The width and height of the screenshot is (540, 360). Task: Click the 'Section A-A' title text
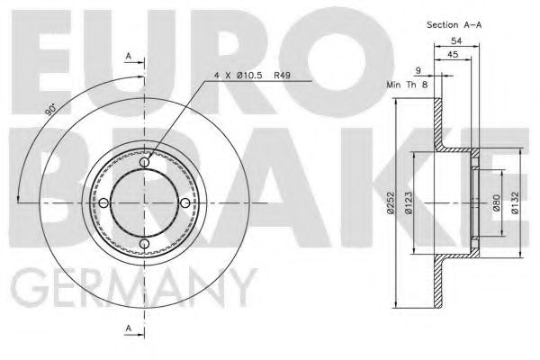tap(454, 24)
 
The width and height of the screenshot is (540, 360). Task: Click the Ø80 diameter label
tap(495, 206)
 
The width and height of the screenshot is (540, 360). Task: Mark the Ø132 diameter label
tap(516, 206)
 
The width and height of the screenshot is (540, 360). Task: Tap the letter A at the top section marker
tap(128, 57)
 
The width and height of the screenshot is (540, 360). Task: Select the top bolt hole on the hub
tap(145, 162)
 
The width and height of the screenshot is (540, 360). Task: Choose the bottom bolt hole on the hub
tap(145, 244)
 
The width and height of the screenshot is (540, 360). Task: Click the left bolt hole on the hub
tap(104, 202)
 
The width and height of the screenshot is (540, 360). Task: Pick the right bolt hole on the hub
tap(186, 202)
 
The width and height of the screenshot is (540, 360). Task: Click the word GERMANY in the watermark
tap(135, 288)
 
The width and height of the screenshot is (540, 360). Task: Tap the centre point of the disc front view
tap(145, 202)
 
